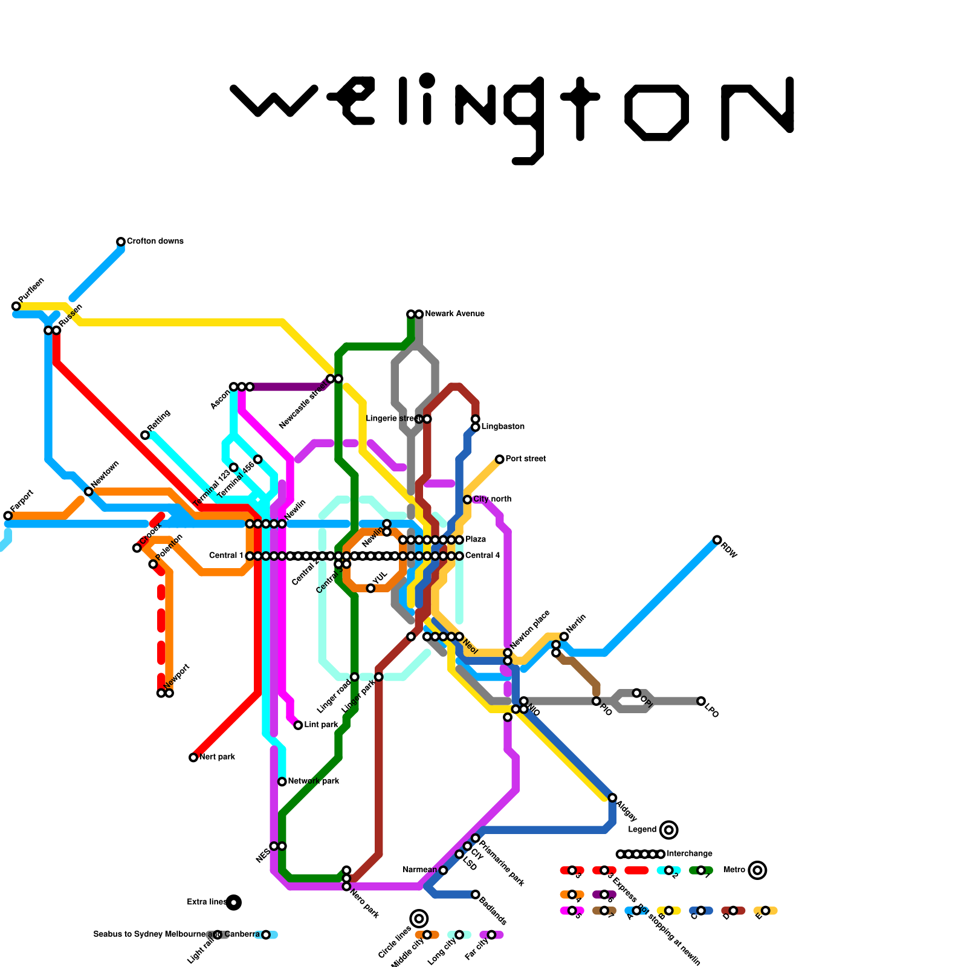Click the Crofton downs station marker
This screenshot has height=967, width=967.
[x=121, y=242]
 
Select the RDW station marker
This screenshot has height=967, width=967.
[x=717, y=540]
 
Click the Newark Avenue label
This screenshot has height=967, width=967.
[x=454, y=314]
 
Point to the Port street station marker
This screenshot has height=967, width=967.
[x=499, y=459]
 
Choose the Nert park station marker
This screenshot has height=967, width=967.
[x=193, y=757]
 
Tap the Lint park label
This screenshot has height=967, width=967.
[x=321, y=725]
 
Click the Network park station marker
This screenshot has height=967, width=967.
[x=282, y=781]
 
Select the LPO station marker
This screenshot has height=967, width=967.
[x=700, y=701]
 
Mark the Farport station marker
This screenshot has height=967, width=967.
[x=8, y=516]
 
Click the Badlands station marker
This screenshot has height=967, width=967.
[x=476, y=894]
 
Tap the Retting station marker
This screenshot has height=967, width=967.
[x=145, y=435]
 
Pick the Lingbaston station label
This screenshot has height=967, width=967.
[x=503, y=427]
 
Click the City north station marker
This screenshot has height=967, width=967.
[x=467, y=499]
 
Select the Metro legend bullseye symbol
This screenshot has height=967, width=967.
[x=757, y=870]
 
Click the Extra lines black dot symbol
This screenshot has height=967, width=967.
[x=234, y=902]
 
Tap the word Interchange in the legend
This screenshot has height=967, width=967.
[x=689, y=854]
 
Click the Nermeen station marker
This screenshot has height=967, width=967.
[x=443, y=870]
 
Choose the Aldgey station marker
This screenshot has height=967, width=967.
[x=612, y=798]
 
